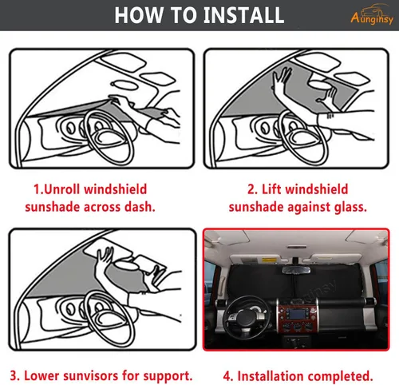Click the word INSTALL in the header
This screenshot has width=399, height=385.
click(243, 15)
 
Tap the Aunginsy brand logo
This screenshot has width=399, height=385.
click(372, 14)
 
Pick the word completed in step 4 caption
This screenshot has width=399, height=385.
click(338, 376)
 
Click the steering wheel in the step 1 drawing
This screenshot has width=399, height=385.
click(109, 137)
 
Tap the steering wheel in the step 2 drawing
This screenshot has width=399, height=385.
click(304, 137)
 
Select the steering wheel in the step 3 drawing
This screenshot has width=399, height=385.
click(109, 319)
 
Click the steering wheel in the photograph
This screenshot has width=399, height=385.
click(245, 316)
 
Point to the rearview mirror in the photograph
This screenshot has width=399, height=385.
click(296, 270)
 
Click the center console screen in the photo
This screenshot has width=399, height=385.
click(297, 315)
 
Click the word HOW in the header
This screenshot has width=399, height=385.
click(138, 15)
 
